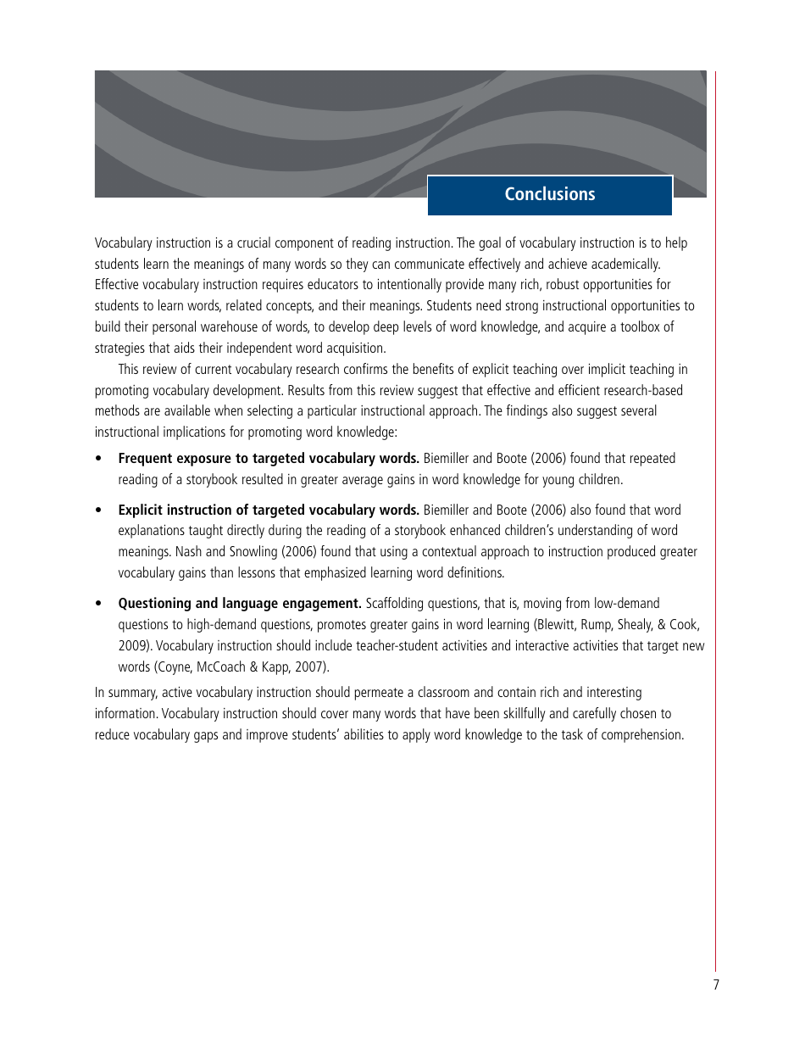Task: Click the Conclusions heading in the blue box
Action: click(550, 194)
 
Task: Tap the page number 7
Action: click(715, 984)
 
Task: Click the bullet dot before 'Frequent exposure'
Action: click(99, 460)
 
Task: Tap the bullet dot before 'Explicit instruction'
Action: click(99, 511)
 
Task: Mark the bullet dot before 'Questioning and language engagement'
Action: click(99, 605)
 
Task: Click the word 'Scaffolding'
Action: click(397, 604)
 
